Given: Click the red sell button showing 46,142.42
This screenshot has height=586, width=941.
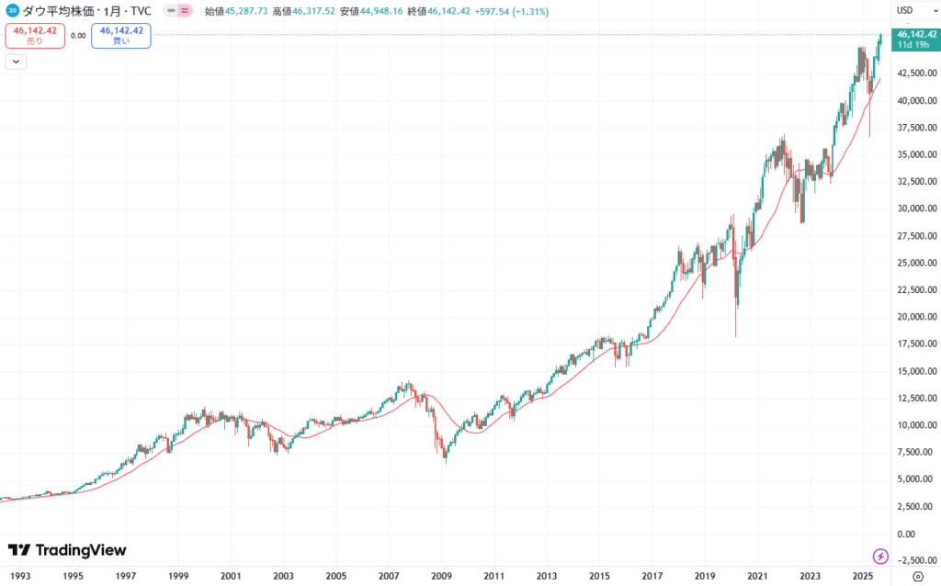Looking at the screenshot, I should click(35, 36).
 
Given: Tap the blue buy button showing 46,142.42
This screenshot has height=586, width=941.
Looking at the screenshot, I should click(121, 36).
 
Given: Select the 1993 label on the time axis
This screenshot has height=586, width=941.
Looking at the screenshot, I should click(20, 575).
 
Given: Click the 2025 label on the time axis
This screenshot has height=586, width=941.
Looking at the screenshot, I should click(862, 575).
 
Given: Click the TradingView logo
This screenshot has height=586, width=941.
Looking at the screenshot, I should click(67, 550).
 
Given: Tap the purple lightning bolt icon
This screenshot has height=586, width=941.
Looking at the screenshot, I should click(879, 556).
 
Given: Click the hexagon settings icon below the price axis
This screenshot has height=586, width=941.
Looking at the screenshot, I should click(917, 576).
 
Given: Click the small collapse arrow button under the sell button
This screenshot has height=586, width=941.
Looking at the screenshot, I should click(17, 62).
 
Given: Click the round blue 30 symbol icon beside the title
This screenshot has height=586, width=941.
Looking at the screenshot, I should click(12, 10).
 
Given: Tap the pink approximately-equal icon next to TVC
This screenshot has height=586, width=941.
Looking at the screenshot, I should click(185, 10).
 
